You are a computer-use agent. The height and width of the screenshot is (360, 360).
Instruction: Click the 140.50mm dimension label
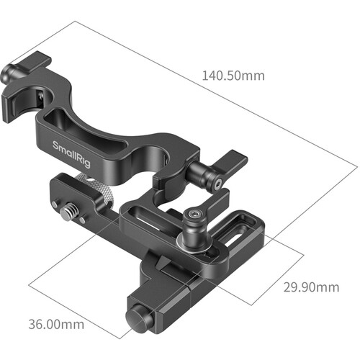click(x=233, y=76)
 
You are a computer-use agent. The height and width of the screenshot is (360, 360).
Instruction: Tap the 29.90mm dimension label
click(x=311, y=287)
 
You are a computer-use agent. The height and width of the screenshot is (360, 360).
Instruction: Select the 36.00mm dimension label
click(x=56, y=325)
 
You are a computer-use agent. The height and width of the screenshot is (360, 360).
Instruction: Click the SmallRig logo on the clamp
click(x=71, y=155)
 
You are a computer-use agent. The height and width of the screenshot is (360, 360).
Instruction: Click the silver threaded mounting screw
click(x=68, y=211)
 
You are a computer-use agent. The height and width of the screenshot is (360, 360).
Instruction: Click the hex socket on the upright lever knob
click(x=194, y=213)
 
